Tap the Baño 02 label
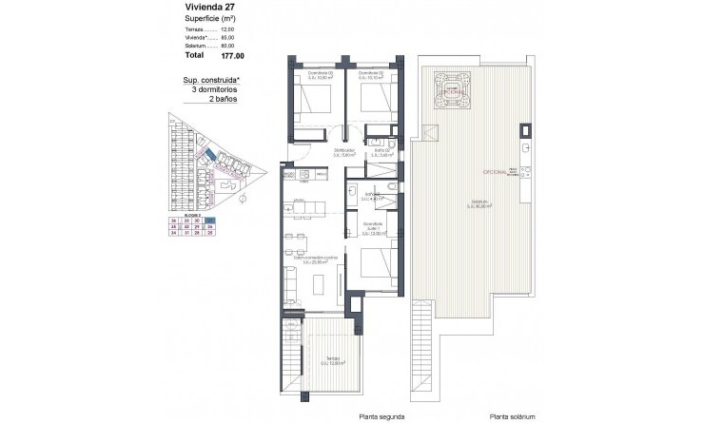(x=383, y=149)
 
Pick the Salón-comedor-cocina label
(x=314, y=257)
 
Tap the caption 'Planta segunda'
(x=381, y=415)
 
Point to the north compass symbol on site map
(x=243, y=198)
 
